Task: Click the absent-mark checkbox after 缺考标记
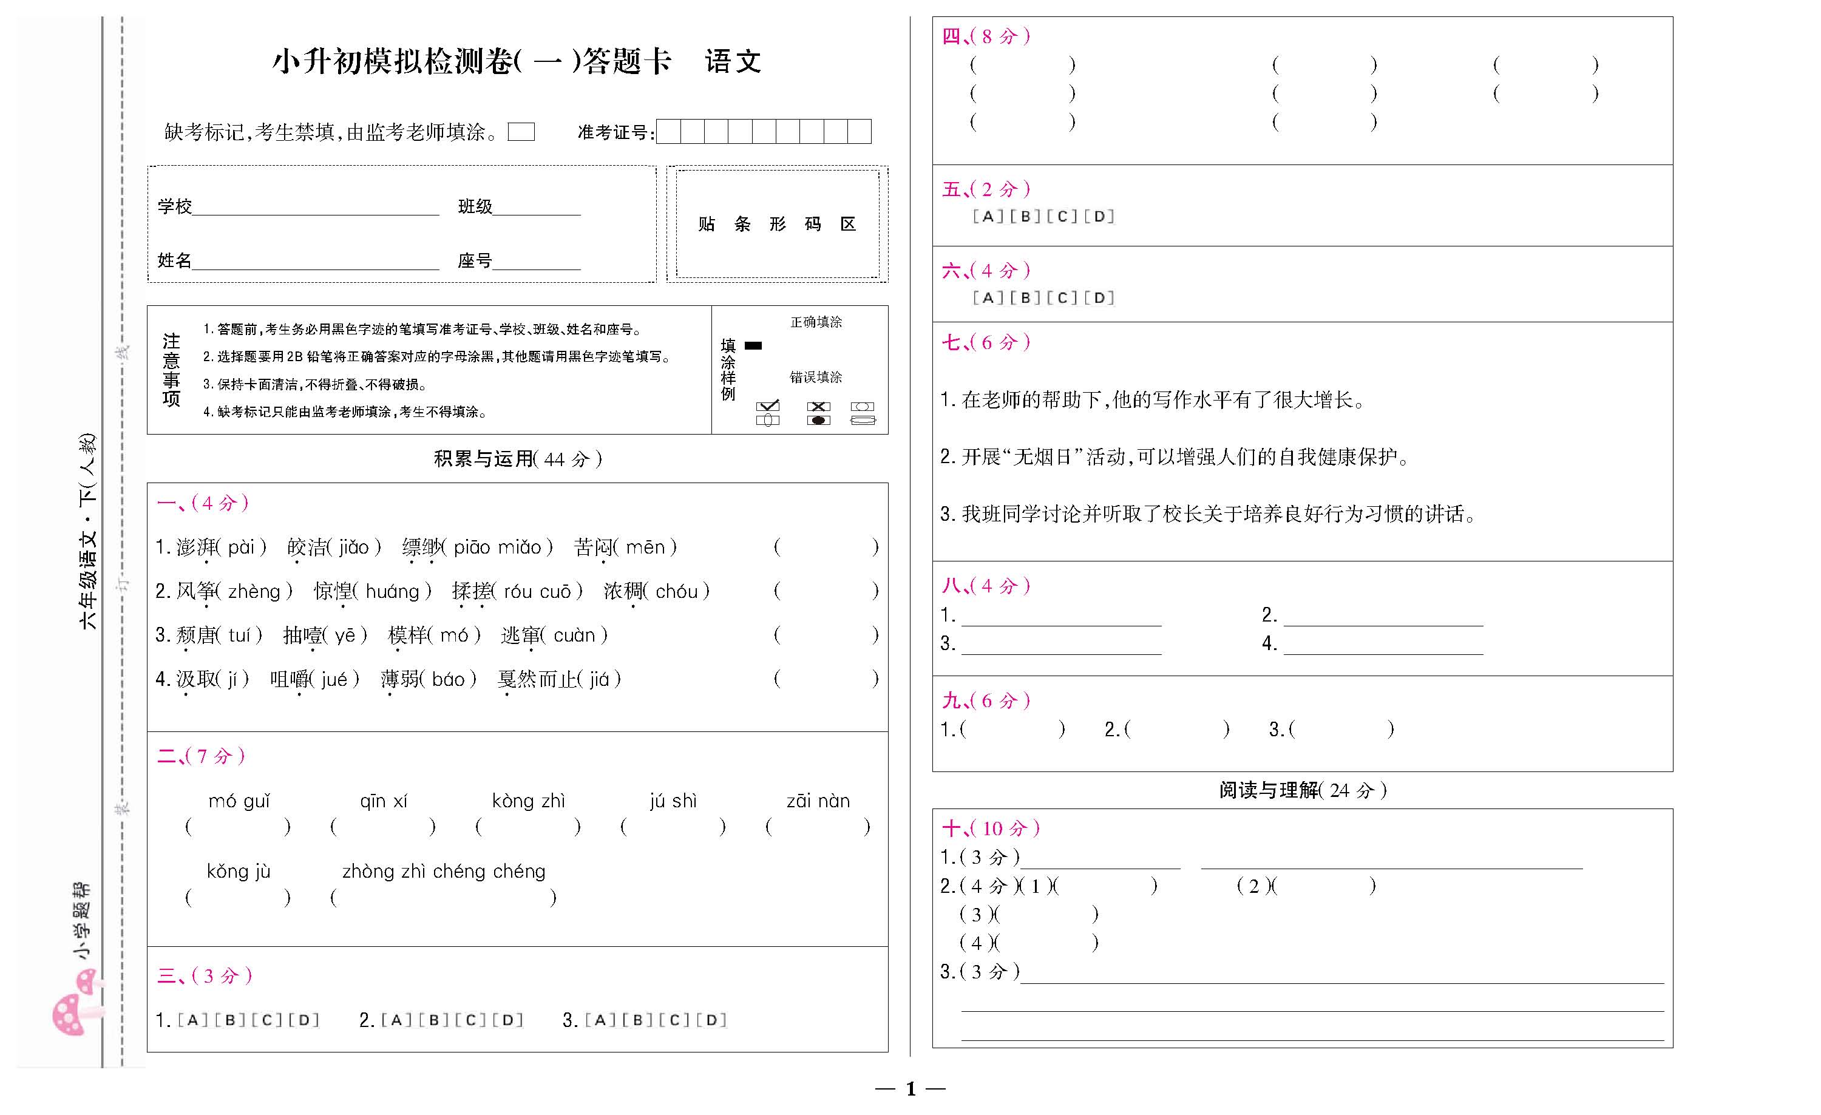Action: pyautogui.click(x=521, y=132)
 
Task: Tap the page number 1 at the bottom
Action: pyautogui.click(x=910, y=1088)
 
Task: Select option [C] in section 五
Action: pyautogui.click(x=1062, y=217)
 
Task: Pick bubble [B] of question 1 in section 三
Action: pyautogui.click(x=230, y=1020)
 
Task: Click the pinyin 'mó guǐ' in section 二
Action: pyautogui.click(x=239, y=801)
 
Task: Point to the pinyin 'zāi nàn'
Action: pyautogui.click(x=818, y=801)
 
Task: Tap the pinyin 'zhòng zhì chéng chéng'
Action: pyautogui.click(x=444, y=872)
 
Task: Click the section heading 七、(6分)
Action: pyautogui.click(x=985, y=342)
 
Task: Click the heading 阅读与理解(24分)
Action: pyautogui.click(x=1302, y=791)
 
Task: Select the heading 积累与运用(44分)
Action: pyautogui.click(x=517, y=459)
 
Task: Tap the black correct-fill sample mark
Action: pyautogui.click(x=753, y=345)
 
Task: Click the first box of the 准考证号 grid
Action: pyautogui.click(x=668, y=132)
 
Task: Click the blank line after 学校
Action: pyautogui.click(x=316, y=207)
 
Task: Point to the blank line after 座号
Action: pyautogui.click(x=537, y=262)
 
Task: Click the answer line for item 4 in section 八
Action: pyautogui.click(x=1383, y=645)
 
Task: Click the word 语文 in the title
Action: pyautogui.click(x=733, y=61)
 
